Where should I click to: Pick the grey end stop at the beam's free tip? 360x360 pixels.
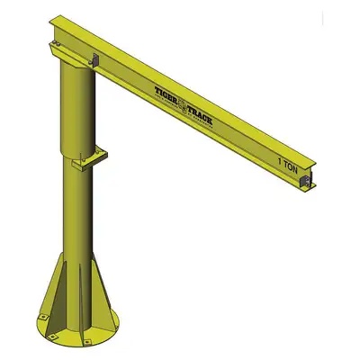pos(308,184)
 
